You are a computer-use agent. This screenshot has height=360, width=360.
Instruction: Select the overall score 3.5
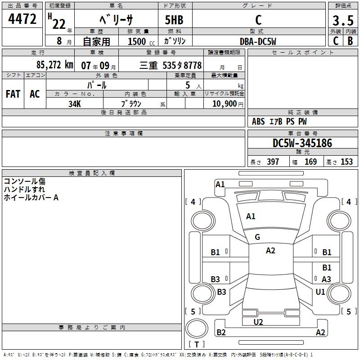coord(342,21)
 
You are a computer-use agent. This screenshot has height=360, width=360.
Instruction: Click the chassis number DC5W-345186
coord(302,143)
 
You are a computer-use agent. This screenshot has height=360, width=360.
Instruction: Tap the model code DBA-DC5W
coord(258,41)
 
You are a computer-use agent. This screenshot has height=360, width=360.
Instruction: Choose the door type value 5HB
coord(174,20)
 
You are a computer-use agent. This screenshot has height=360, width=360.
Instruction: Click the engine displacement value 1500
coord(137,41)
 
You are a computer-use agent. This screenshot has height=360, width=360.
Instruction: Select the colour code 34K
coord(75,103)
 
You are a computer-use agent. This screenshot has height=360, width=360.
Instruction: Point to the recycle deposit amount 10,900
coord(224,103)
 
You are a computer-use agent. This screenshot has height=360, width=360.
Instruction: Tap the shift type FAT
coord(13,94)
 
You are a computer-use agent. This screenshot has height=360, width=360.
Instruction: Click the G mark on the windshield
coord(257,237)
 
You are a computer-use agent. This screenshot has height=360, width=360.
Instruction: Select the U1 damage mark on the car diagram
coord(320,292)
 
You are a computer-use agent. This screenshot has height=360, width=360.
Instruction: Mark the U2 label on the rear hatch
coord(258,322)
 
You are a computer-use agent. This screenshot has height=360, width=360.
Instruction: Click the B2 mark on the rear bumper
coord(221,333)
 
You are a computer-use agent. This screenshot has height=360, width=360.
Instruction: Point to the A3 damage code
coord(326,279)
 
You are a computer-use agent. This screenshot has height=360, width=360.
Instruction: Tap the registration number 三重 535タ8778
coord(171,65)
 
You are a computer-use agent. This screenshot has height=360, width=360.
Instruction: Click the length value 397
coord(273,162)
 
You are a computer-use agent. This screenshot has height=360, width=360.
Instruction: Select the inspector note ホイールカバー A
coord(31,197)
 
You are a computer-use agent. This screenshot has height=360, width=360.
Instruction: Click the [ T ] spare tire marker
coord(197,345)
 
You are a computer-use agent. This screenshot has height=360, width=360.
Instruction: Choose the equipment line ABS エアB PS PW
coord(279,121)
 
